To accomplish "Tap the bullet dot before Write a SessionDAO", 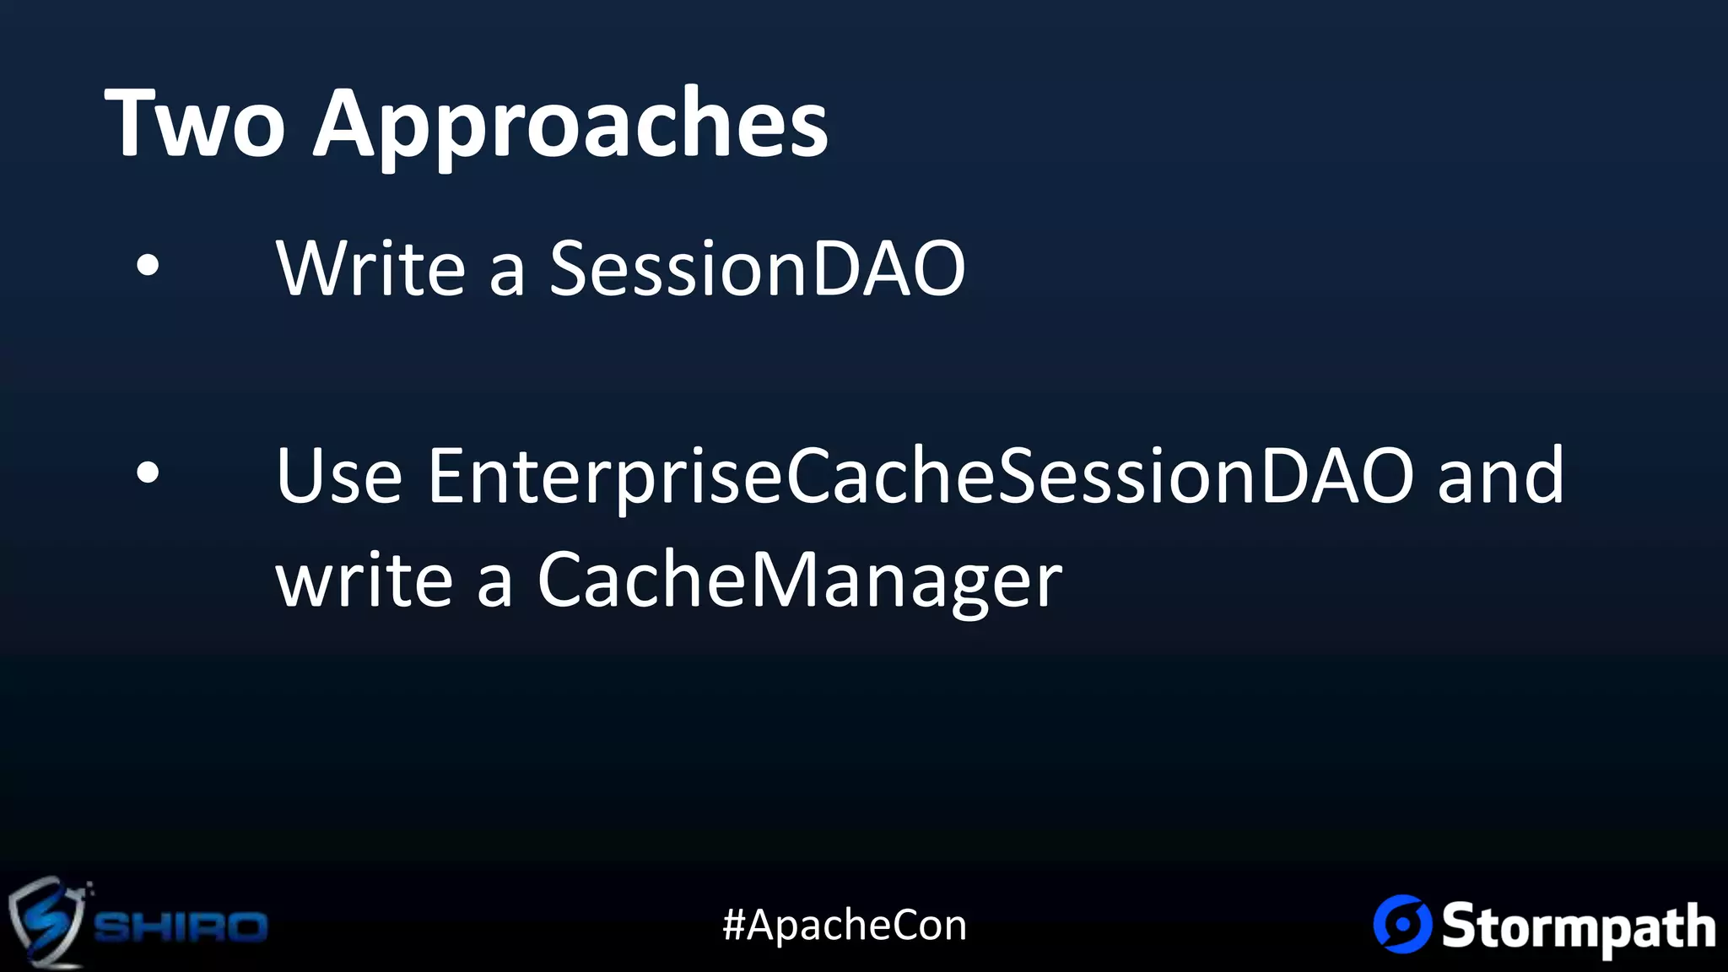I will (x=148, y=266).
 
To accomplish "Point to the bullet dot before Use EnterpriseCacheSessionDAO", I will (x=148, y=473).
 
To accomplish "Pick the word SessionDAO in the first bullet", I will (x=757, y=268).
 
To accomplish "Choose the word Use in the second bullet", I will (x=339, y=476).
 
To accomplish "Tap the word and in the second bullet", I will (x=1500, y=476).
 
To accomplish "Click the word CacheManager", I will (x=799, y=582).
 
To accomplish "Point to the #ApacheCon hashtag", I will (x=845, y=925).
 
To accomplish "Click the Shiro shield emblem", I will (x=46, y=921).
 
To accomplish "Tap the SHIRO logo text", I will (x=180, y=926).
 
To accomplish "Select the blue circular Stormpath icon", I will (x=1402, y=924).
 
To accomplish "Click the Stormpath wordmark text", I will (x=1578, y=926).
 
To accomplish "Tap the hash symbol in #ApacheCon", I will (x=733, y=925).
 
